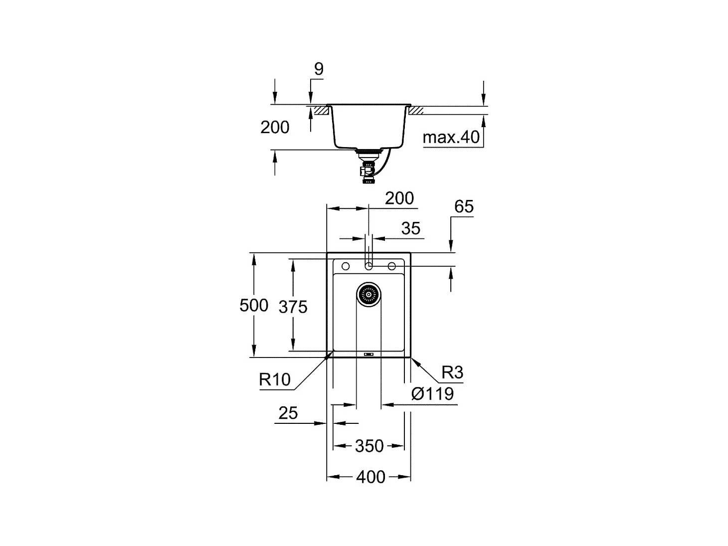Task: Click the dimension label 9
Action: point(319,69)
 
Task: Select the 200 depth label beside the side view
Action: point(275,127)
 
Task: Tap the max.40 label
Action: point(451,137)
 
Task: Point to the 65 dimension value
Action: point(464,206)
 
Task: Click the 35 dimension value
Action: point(410,228)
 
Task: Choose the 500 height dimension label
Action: point(254,305)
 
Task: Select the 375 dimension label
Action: point(293,307)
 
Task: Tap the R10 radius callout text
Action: point(275,379)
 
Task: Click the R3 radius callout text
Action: point(452,372)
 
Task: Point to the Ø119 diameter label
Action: point(432,394)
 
